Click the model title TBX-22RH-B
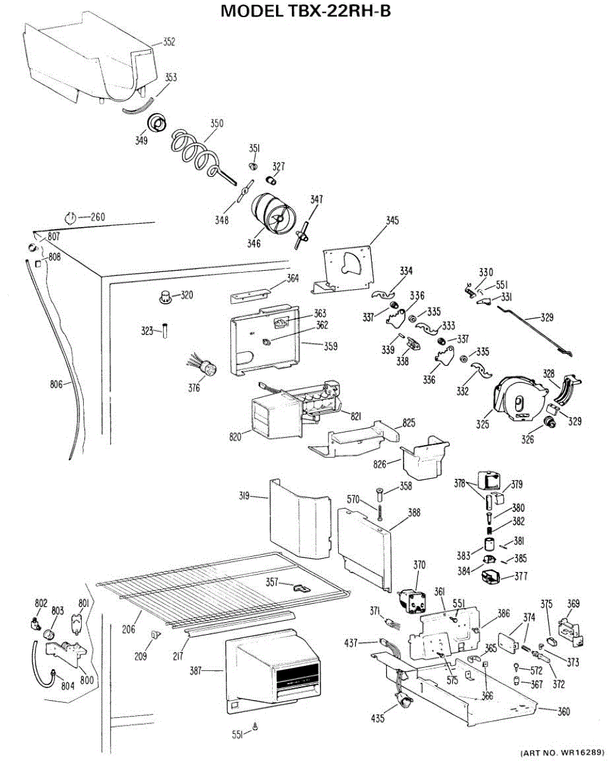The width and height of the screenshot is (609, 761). click(x=305, y=11)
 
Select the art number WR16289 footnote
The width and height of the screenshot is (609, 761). click(x=561, y=753)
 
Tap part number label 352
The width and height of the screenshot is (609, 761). click(x=169, y=42)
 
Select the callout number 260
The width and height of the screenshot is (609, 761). click(x=97, y=217)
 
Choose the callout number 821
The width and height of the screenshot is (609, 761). click(x=355, y=416)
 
